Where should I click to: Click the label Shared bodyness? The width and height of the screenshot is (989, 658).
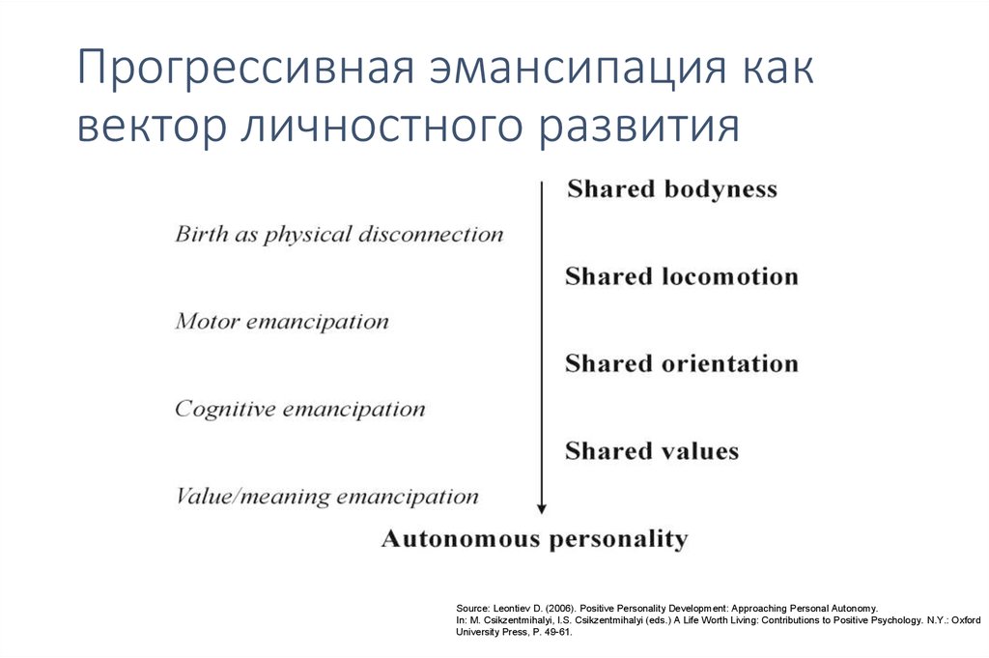tap(672, 189)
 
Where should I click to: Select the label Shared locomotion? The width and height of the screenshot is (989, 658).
tap(682, 277)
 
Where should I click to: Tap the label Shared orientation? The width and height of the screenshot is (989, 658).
tap(682, 364)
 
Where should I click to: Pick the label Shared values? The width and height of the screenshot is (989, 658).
tap(652, 451)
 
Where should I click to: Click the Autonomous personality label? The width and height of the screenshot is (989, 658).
tap(535, 539)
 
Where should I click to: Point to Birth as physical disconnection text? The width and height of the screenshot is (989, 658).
tap(339, 235)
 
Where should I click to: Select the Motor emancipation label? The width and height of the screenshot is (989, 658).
tap(282, 322)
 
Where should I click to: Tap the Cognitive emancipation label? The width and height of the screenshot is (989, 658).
tap(299, 409)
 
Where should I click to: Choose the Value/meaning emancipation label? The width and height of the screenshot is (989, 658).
tap(326, 498)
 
